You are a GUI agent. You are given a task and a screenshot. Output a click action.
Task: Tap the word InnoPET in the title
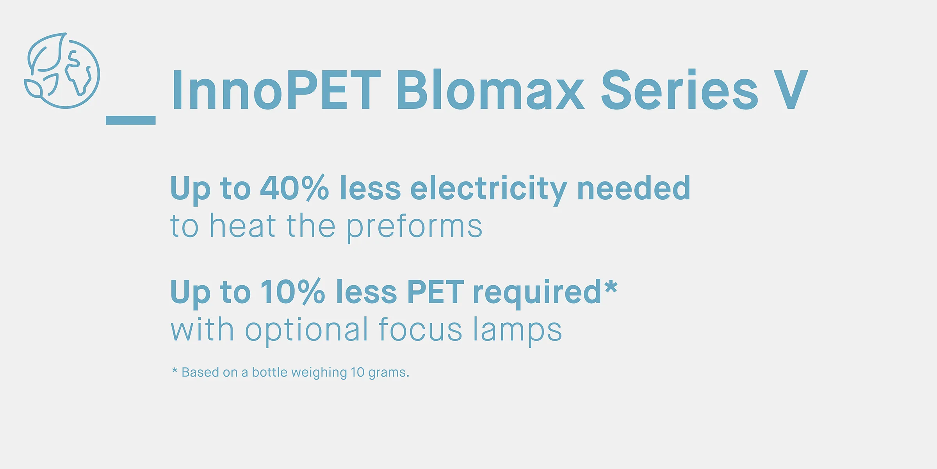[x=276, y=90]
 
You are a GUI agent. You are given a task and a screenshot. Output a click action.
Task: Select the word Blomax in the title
[x=490, y=90]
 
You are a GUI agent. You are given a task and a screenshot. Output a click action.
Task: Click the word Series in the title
[x=679, y=90]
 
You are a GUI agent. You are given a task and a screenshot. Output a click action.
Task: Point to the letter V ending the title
[x=791, y=90]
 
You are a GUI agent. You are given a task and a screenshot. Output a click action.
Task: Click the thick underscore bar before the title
[x=131, y=120]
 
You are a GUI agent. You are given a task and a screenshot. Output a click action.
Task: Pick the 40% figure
[x=294, y=188]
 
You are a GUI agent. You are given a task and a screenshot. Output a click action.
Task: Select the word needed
[x=634, y=188]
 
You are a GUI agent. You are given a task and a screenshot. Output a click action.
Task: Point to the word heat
[x=243, y=226]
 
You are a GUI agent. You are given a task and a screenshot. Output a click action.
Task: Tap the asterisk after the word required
[x=611, y=286]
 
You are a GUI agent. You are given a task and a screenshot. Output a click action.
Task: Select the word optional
[x=306, y=331]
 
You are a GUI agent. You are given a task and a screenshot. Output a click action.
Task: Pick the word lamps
[x=517, y=331]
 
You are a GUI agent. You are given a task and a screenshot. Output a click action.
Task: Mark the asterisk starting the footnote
[x=175, y=370]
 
